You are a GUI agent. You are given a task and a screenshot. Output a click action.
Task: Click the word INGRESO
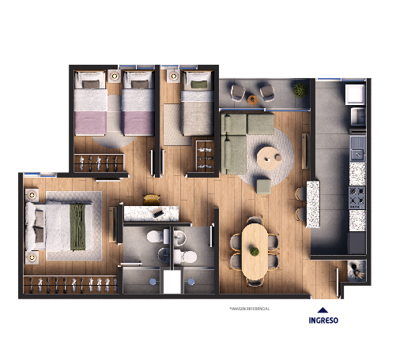[x=323, y=321]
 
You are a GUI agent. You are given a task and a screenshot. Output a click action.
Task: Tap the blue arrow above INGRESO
[x=322, y=310]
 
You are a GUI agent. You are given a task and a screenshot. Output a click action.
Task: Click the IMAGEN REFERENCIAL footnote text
[x=250, y=309]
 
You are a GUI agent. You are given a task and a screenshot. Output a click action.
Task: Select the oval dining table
[x=255, y=252]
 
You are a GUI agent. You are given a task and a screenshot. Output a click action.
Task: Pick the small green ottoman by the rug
[x=264, y=186]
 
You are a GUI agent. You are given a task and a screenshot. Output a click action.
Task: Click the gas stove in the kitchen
[x=357, y=198]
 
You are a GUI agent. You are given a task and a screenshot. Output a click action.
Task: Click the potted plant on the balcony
[x=300, y=90]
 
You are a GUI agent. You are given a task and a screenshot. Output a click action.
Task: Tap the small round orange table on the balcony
[x=252, y=99]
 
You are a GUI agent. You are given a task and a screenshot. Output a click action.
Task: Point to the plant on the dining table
[x=255, y=251]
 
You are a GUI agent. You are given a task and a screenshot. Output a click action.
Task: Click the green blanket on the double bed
[x=77, y=227]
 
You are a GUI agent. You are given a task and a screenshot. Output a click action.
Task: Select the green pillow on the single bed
[x=199, y=84]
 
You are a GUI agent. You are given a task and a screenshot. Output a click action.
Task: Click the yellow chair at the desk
[x=152, y=199]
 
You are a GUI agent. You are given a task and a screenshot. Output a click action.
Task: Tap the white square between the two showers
[x=172, y=282]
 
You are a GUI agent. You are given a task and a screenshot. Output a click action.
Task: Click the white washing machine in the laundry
[x=355, y=95]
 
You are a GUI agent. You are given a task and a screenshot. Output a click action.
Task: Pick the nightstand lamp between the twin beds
[x=115, y=77]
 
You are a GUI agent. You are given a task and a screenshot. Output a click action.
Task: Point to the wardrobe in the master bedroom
[x=70, y=284]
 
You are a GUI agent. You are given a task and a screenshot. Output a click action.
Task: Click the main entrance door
[x=338, y=283]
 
